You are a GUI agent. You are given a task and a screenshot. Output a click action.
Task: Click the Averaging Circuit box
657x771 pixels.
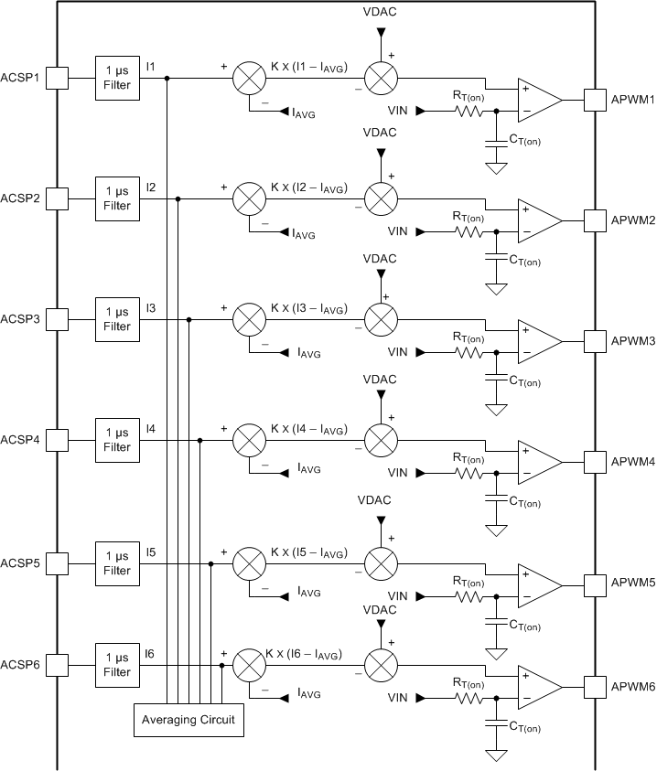coord(188,720)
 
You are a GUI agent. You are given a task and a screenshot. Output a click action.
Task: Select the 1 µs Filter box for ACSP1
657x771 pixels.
coord(117,78)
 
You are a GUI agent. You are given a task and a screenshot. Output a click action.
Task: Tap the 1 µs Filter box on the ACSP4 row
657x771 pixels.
coord(117,440)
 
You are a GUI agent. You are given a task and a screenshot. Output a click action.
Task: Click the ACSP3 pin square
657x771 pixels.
coord(57,319)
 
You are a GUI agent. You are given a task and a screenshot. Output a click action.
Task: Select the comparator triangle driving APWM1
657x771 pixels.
coord(539,100)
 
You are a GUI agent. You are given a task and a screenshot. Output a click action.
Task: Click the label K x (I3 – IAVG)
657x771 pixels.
coord(307,309)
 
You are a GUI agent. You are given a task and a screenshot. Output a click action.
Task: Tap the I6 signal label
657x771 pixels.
coord(151,652)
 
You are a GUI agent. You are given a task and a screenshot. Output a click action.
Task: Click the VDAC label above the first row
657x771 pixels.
coord(380,13)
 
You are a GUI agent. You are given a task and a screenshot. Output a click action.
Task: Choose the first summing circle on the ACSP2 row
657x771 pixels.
coord(247,198)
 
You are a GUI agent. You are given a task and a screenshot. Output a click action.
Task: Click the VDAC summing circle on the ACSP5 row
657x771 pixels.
coord(380,561)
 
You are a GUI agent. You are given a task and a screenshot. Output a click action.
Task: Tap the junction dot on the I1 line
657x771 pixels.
coord(167,78)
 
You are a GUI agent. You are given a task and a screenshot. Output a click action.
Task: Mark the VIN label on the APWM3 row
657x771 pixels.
coord(398,352)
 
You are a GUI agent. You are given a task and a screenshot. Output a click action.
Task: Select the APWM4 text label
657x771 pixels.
coord(633,463)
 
